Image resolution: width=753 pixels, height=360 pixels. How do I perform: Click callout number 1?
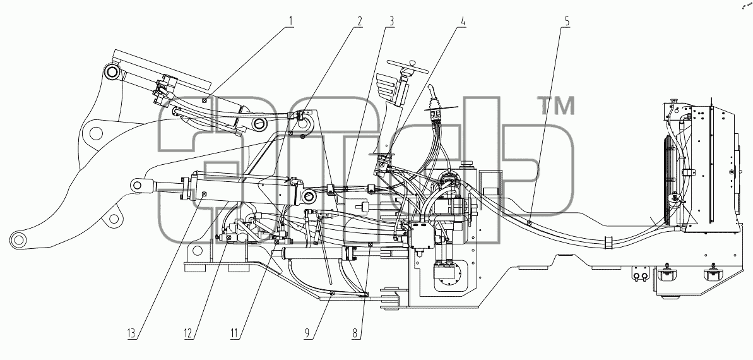[290, 21]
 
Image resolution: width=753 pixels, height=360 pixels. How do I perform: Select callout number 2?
[359, 21]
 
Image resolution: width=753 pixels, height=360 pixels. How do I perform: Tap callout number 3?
[392, 21]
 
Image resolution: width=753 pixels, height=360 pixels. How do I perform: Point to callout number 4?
[463, 21]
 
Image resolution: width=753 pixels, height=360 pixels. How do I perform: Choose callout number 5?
[567, 21]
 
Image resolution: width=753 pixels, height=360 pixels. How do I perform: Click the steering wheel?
[408, 66]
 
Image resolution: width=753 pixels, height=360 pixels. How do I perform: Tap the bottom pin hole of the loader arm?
[18, 239]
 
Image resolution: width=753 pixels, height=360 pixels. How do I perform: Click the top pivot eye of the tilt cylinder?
[113, 73]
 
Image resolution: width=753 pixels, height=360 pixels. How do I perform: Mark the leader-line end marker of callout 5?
[528, 222]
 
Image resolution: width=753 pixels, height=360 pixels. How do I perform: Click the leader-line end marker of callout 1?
[205, 100]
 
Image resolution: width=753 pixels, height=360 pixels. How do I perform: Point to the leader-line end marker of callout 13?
[205, 195]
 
